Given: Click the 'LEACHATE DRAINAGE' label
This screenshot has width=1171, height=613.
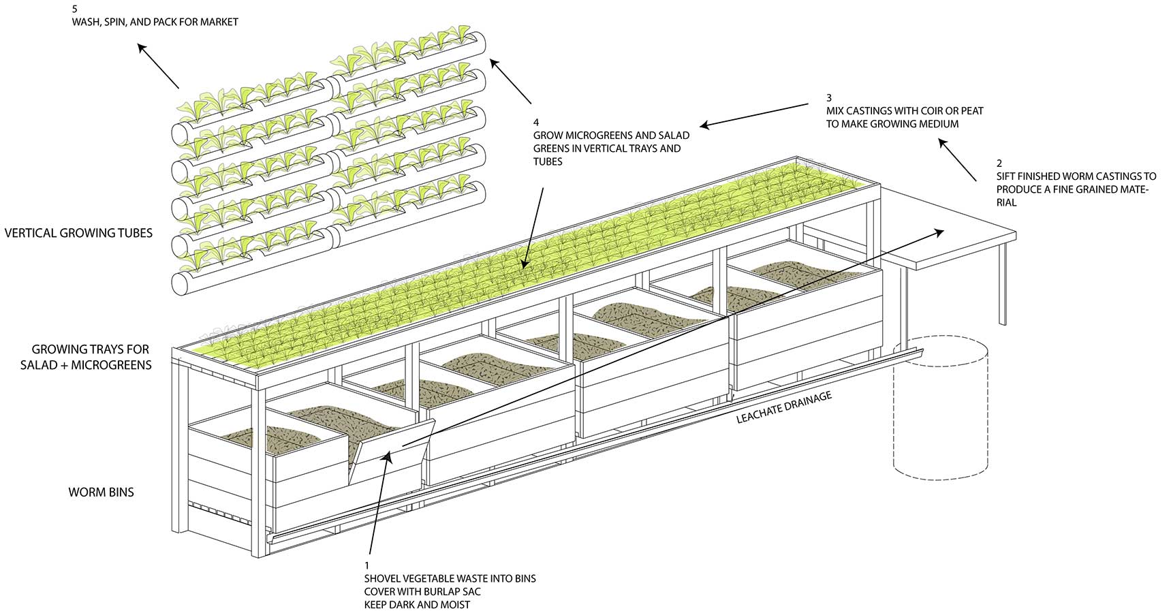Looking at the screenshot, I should (x=784, y=407).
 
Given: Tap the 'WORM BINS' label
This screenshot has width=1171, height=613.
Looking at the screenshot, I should (x=101, y=492).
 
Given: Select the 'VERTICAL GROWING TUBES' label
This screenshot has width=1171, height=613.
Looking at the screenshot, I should (x=78, y=233).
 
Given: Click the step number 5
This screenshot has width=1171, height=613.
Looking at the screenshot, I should (x=74, y=10).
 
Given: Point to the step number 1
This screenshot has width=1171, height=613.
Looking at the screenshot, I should (x=366, y=566).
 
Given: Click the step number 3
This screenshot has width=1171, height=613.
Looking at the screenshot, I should (x=828, y=98).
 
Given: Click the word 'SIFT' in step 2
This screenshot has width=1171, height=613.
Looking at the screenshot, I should (x=1007, y=176).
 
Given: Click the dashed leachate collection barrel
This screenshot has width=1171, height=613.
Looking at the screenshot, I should (x=939, y=409).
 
